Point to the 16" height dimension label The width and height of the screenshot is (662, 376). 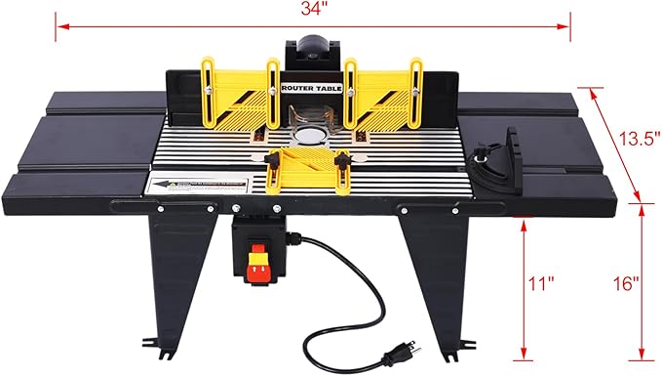point(629,284)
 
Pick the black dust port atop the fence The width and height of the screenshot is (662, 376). point(313,49)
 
